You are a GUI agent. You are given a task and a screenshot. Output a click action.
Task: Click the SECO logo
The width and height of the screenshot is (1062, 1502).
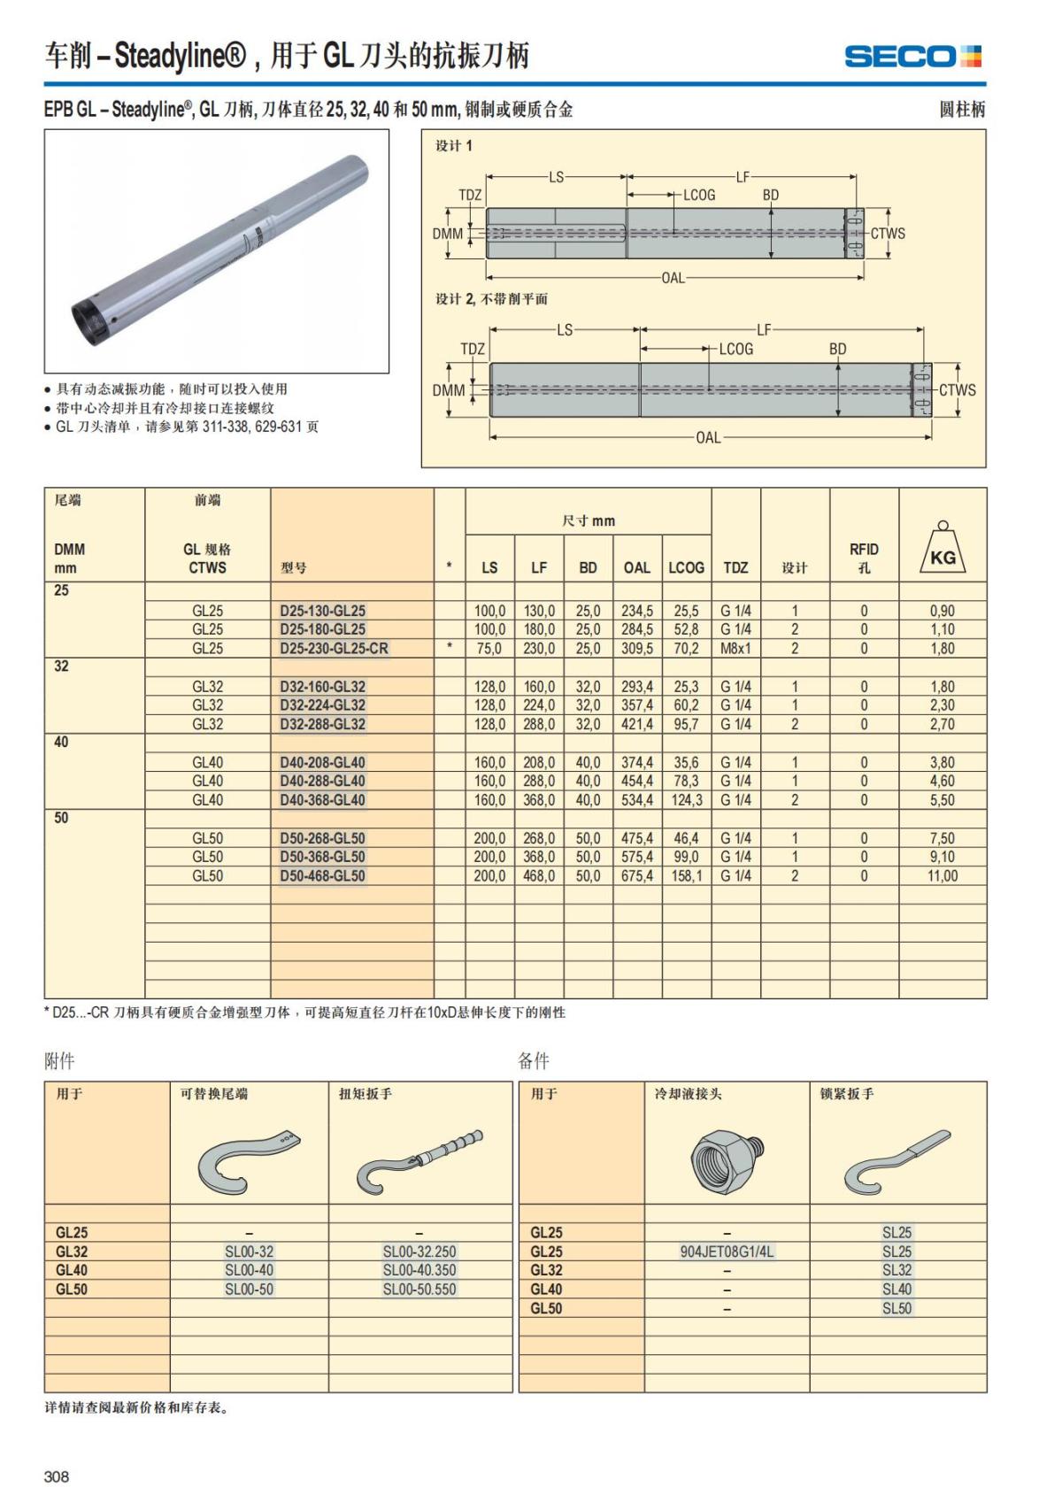click(x=912, y=57)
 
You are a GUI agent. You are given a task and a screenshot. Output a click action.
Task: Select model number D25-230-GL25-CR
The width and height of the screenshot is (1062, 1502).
click(x=334, y=648)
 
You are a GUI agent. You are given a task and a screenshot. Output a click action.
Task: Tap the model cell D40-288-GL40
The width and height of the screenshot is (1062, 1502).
click(x=322, y=781)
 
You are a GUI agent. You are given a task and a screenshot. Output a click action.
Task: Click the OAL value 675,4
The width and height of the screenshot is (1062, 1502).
click(x=637, y=875)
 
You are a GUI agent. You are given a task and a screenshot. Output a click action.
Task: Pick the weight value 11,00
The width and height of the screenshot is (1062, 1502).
click(x=943, y=875)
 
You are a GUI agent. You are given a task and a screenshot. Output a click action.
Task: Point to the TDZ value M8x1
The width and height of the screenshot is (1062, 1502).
click(x=735, y=648)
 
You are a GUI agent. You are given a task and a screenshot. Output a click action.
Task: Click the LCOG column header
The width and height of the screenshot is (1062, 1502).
click(x=686, y=567)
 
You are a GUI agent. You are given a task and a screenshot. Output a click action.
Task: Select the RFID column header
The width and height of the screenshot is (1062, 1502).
click(x=864, y=558)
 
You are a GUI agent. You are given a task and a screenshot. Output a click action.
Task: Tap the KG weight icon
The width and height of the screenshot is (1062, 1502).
click(x=943, y=548)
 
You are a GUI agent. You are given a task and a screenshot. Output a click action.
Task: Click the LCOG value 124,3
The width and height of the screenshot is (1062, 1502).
click(x=687, y=800)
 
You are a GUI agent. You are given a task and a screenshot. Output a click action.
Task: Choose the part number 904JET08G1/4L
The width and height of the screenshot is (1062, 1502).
click(x=727, y=1252)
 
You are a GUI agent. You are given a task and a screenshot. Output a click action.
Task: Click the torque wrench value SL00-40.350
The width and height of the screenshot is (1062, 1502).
click(x=419, y=1270)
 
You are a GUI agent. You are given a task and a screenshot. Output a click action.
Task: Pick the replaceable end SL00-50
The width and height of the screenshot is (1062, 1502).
click(x=249, y=1289)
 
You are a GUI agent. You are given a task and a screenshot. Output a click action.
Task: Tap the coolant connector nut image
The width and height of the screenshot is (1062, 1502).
click(x=725, y=1159)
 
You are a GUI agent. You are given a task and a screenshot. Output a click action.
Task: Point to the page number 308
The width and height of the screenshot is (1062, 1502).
click(x=57, y=1476)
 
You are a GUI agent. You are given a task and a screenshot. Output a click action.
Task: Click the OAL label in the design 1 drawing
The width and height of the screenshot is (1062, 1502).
click(x=673, y=278)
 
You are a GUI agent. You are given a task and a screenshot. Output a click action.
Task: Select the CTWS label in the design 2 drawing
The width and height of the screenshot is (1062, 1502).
click(x=957, y=390)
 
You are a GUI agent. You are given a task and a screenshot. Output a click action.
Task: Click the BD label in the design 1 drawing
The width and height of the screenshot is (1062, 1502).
click(x=771, y=195)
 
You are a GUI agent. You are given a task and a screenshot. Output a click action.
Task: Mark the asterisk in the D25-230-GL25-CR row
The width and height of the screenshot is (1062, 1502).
click(x=450, y=647)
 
